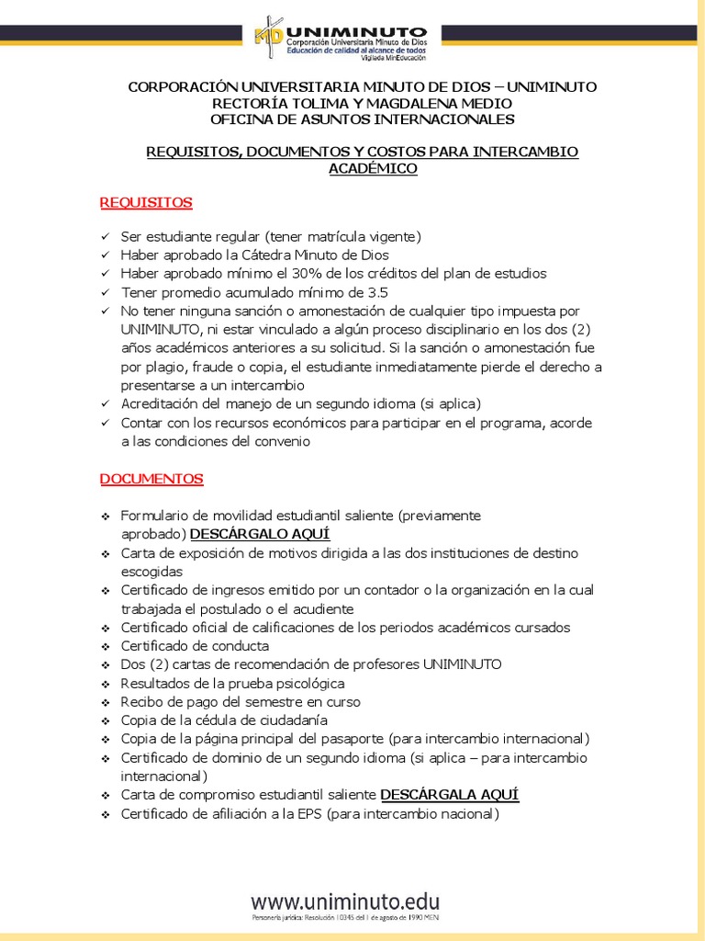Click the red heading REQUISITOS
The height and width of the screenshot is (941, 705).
tap(146, 202)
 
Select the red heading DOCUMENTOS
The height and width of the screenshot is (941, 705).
tap(151, 479)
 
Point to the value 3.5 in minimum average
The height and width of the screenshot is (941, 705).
tap(377, 292)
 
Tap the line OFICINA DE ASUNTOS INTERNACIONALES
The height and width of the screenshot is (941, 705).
tap(363, 119)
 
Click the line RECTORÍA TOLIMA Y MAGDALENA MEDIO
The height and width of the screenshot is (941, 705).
tap(363, 103)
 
